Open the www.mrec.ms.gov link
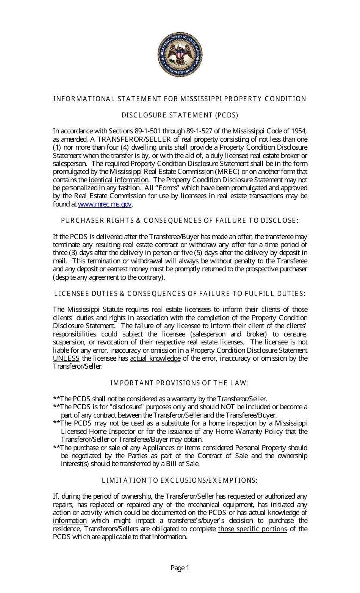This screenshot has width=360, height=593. coord(105,204)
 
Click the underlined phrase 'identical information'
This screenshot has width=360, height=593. coord(118,180)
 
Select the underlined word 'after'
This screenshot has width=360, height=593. coord(130,237)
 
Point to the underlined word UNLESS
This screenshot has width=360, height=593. coord(66,358)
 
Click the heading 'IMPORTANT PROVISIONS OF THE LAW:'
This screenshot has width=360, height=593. coord(180,383)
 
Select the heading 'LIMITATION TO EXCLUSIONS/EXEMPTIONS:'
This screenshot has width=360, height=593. coord(180,480)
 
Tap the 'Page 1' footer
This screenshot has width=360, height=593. coord(180,568)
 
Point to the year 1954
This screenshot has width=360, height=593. coord(299,131)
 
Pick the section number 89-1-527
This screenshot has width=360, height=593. coord(199,131)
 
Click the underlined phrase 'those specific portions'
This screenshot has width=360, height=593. coord(252,529)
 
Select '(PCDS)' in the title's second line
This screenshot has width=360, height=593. coord(227,115)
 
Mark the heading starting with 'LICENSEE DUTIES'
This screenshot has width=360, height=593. coord(180,294)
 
